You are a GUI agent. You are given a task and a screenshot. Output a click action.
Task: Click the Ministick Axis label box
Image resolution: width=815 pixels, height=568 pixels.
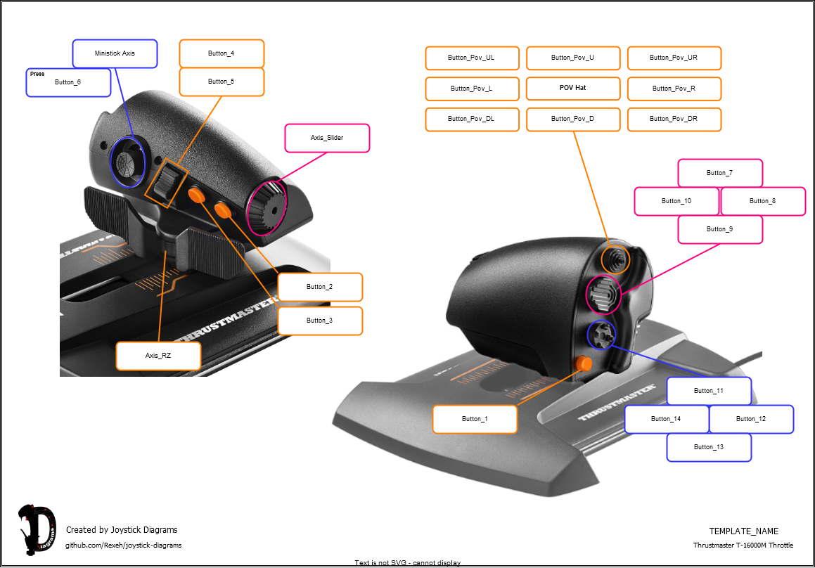115,53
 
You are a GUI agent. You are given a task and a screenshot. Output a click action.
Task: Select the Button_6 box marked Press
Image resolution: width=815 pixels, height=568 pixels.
68,82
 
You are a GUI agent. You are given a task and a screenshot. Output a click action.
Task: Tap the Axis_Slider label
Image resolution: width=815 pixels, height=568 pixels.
327,138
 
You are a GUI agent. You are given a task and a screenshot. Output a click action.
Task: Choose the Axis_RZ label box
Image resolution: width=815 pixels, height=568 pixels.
158,356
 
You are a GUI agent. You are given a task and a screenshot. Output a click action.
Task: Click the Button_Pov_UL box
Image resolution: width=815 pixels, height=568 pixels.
472,58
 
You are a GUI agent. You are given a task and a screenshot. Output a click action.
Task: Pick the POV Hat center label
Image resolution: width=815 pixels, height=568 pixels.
573,89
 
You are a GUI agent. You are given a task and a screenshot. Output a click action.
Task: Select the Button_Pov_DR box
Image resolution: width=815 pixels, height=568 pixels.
674,119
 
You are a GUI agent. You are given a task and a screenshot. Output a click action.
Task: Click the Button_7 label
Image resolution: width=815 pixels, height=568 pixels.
720,173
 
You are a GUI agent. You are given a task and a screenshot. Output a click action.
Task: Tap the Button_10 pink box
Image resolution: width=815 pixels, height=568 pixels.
676,201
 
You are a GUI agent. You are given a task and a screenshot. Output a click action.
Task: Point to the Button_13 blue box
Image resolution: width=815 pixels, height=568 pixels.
709,447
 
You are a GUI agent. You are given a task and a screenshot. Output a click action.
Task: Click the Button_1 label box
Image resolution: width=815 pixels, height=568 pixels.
475,419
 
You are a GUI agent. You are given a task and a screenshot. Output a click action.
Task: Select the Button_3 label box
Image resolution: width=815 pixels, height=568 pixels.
320,321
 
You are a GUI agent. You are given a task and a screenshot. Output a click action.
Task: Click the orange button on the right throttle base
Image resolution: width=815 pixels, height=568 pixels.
583,363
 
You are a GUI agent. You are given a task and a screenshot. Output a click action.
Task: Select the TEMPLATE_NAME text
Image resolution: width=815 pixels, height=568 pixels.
743,531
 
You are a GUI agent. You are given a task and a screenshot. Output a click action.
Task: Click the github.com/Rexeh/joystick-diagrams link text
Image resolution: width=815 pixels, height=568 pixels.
123,546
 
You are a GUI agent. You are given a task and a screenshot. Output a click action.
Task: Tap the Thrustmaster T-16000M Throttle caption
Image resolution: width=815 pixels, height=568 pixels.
743,546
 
